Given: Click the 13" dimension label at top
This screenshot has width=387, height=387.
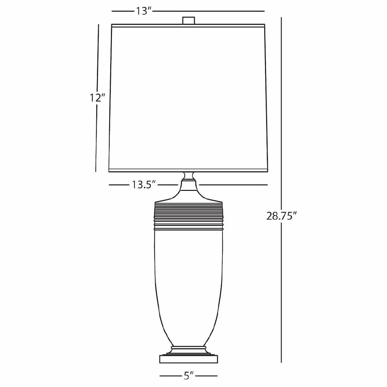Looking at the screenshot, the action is click(143, 11).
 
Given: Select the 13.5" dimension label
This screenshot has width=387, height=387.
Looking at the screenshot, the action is click(143, 185).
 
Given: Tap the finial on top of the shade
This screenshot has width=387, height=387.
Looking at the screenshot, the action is click(188, 20).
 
